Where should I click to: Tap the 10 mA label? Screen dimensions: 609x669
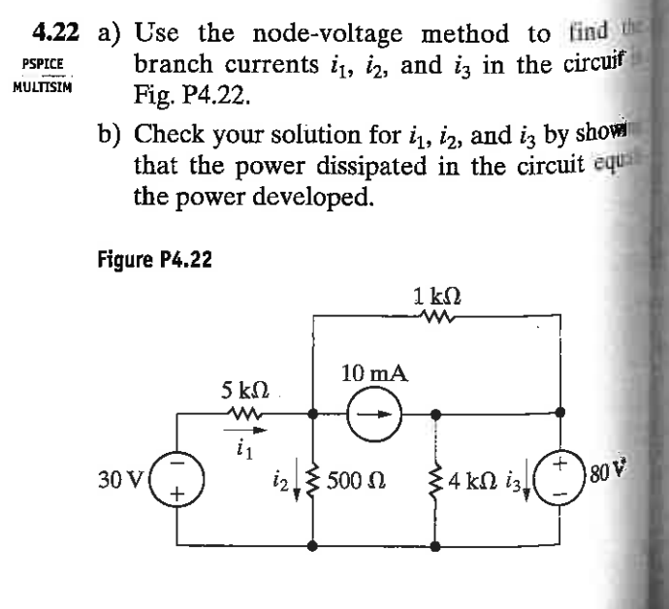click(x=373, y=372)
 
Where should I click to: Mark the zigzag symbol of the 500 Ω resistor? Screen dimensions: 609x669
click(x=313, y=479)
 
